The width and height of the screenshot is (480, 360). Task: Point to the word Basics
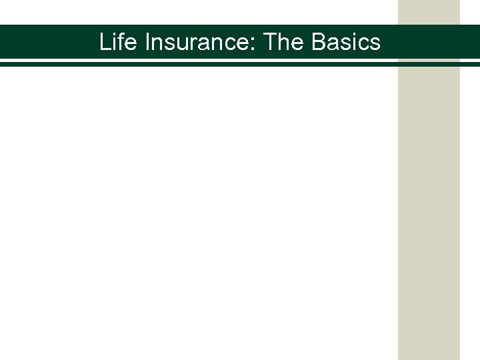(346, 42)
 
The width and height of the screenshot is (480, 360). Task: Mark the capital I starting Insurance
(147, 42)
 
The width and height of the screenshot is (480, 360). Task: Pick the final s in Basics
(375, 45)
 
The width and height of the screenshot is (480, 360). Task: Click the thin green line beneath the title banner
(200, 64)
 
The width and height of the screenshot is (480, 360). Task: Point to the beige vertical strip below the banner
(429, 213)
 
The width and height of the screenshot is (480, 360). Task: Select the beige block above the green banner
(429, 11)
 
